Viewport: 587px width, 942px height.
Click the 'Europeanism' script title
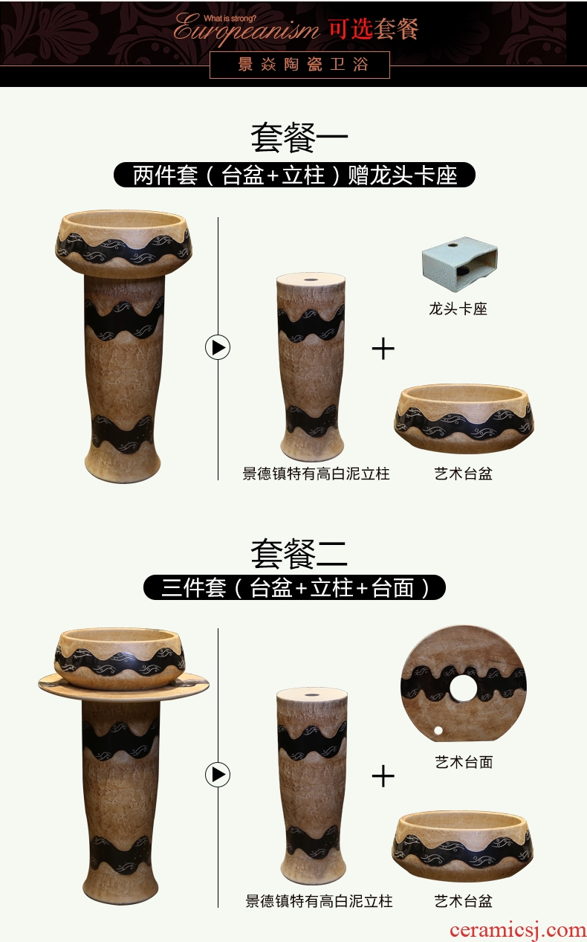(246, 30)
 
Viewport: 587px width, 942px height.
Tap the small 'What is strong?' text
(230, 19)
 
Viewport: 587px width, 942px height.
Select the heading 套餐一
(299, 138)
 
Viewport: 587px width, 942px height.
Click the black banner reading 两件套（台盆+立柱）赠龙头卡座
(294, 175)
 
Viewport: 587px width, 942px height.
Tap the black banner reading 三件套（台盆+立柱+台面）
(294, 587)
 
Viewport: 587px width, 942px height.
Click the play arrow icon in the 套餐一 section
(218, 348)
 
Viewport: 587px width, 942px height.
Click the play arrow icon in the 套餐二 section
(218, 774)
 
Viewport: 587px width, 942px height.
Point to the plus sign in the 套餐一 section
(383, 349)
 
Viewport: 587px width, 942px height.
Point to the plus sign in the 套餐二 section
(383, 776)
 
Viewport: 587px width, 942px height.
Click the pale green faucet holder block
(460, 258)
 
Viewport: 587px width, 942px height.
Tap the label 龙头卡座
(458, 309)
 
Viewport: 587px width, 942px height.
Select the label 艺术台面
(464, 761)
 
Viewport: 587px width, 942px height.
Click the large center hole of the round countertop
(464, 688)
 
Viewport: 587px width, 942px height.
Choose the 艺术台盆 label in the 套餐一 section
(464, 474)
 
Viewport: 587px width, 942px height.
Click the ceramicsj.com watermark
(518, 929)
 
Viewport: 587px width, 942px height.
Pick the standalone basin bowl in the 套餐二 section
(463, 845)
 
